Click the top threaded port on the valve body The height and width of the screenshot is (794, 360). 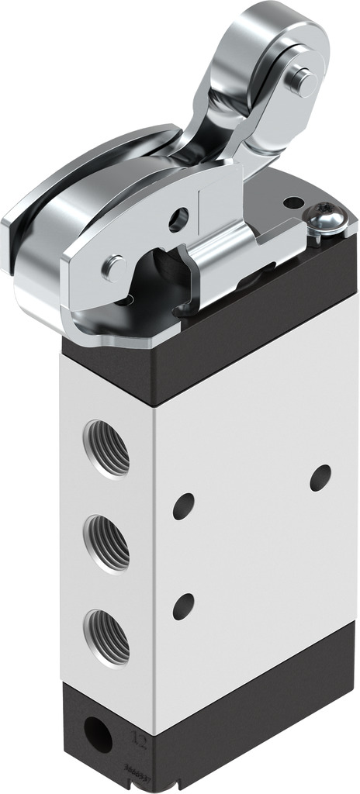pos(106,447)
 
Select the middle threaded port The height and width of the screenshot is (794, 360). pos(106,542)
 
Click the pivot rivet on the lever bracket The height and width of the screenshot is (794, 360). pos(115,268)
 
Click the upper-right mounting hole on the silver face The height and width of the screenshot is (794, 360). pos(320,477)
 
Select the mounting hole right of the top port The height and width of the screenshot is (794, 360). pos(184,506)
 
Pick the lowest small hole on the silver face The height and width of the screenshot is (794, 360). pos(184,606)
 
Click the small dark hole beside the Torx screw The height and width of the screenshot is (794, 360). pos(293,203)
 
